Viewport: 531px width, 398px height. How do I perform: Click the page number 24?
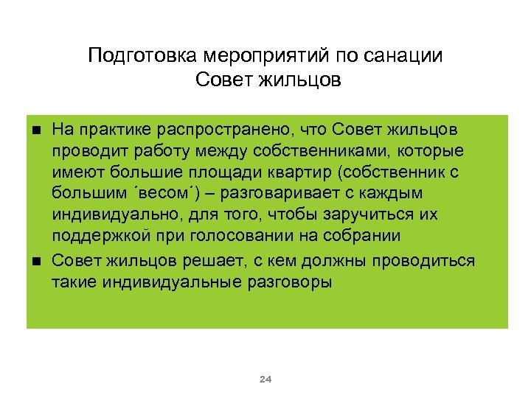pyautogui.click(x=265, y=380)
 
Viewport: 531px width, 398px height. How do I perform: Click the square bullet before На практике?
pyautogui.click(x=37, y=130)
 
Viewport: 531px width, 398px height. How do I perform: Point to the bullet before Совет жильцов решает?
pyautogui.click(x=37, y=262)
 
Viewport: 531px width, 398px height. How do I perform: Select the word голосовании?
pyautogui.click(x=233, y=237)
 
